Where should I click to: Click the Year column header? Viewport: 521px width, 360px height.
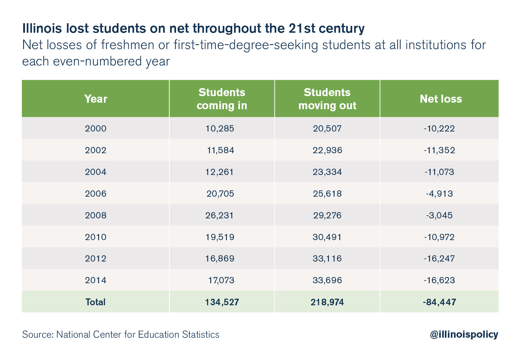click(x=95, y=99)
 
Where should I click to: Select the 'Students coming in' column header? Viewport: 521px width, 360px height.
click(x=222, y=99)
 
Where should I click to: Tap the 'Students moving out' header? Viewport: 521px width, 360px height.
click(x=327, y=99)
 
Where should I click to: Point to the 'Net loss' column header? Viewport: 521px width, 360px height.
click(x=441, y=99)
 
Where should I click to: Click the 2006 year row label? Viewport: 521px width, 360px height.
click(x=95, y=194)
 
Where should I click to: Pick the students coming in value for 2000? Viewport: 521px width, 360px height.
click(x=220, y=129)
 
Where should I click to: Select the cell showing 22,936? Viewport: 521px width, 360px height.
click(x=327, y=150)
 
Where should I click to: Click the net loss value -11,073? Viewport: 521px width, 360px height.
click(x=439, y=172)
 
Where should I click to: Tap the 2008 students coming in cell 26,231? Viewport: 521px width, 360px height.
click(x=219, y=215)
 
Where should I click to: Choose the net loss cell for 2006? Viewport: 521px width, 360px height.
click(x=439, y=194)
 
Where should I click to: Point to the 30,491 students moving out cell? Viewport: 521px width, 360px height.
click(x=327, y=237)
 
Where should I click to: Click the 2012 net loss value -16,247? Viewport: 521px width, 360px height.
click(x=439, y=259)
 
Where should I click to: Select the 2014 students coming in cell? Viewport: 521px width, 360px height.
click(x=221, y=280)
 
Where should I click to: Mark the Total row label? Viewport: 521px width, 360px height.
click(x=95, y=302)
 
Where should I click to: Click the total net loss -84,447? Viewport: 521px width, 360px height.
click(x=439, y=302)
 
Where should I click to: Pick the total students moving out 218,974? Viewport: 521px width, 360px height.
click(x=327, y=302)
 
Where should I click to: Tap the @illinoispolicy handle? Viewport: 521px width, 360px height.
click(x=464, y=334)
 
